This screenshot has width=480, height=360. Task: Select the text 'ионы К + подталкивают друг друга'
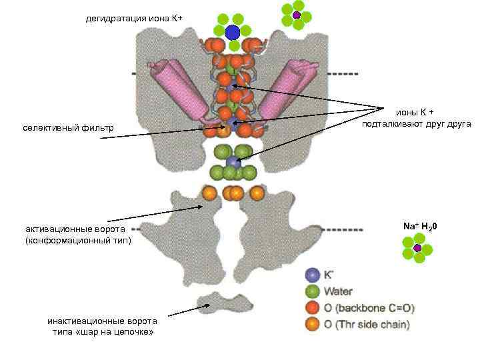click(x=416, y=119)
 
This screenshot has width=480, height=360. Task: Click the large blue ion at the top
click(x=232, y=32)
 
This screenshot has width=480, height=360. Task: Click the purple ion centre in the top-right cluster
click(x=296, y=15)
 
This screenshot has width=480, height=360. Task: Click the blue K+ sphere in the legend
click(x=311, y=275)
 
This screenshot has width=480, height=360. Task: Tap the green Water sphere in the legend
click(x=311, y=291)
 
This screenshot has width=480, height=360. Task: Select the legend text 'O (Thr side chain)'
click(x=367, y=325)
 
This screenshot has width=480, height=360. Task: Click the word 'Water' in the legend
click(x=338, y=291)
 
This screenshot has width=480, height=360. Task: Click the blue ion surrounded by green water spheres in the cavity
click(x=232, y=162)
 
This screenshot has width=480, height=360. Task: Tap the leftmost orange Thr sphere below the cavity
click(x=209, y=194)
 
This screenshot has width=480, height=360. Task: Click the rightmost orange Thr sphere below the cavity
click(x=257, y=194)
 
